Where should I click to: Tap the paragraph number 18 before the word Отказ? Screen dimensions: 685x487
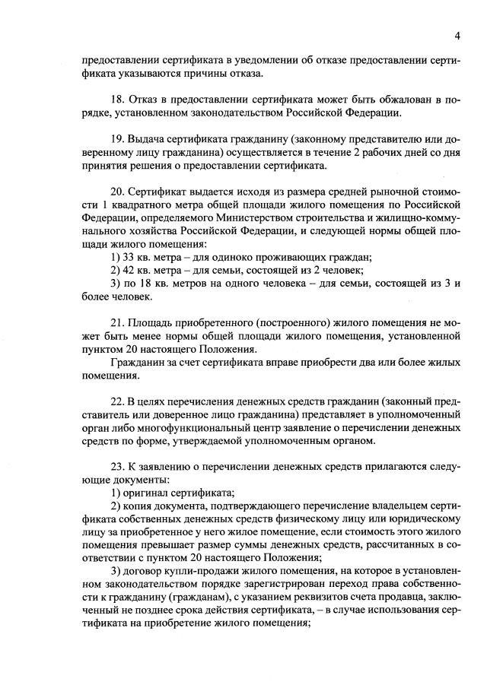tap(117, 100)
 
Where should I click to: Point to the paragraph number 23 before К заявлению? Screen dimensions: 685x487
tap(117, 468)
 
